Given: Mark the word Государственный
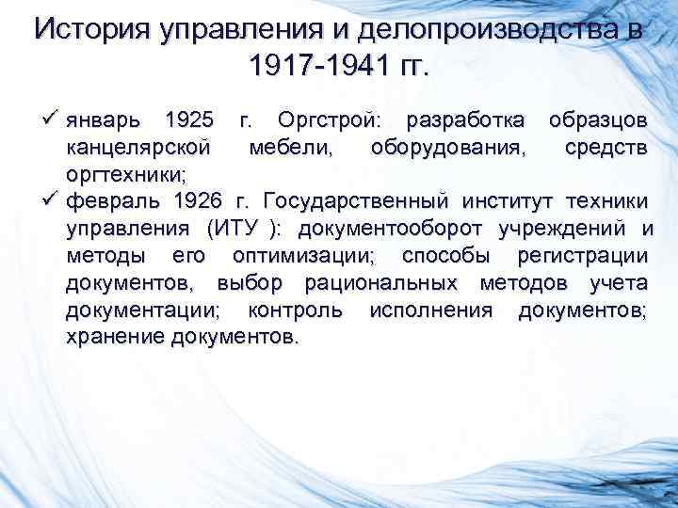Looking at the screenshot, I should click(363, 201).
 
